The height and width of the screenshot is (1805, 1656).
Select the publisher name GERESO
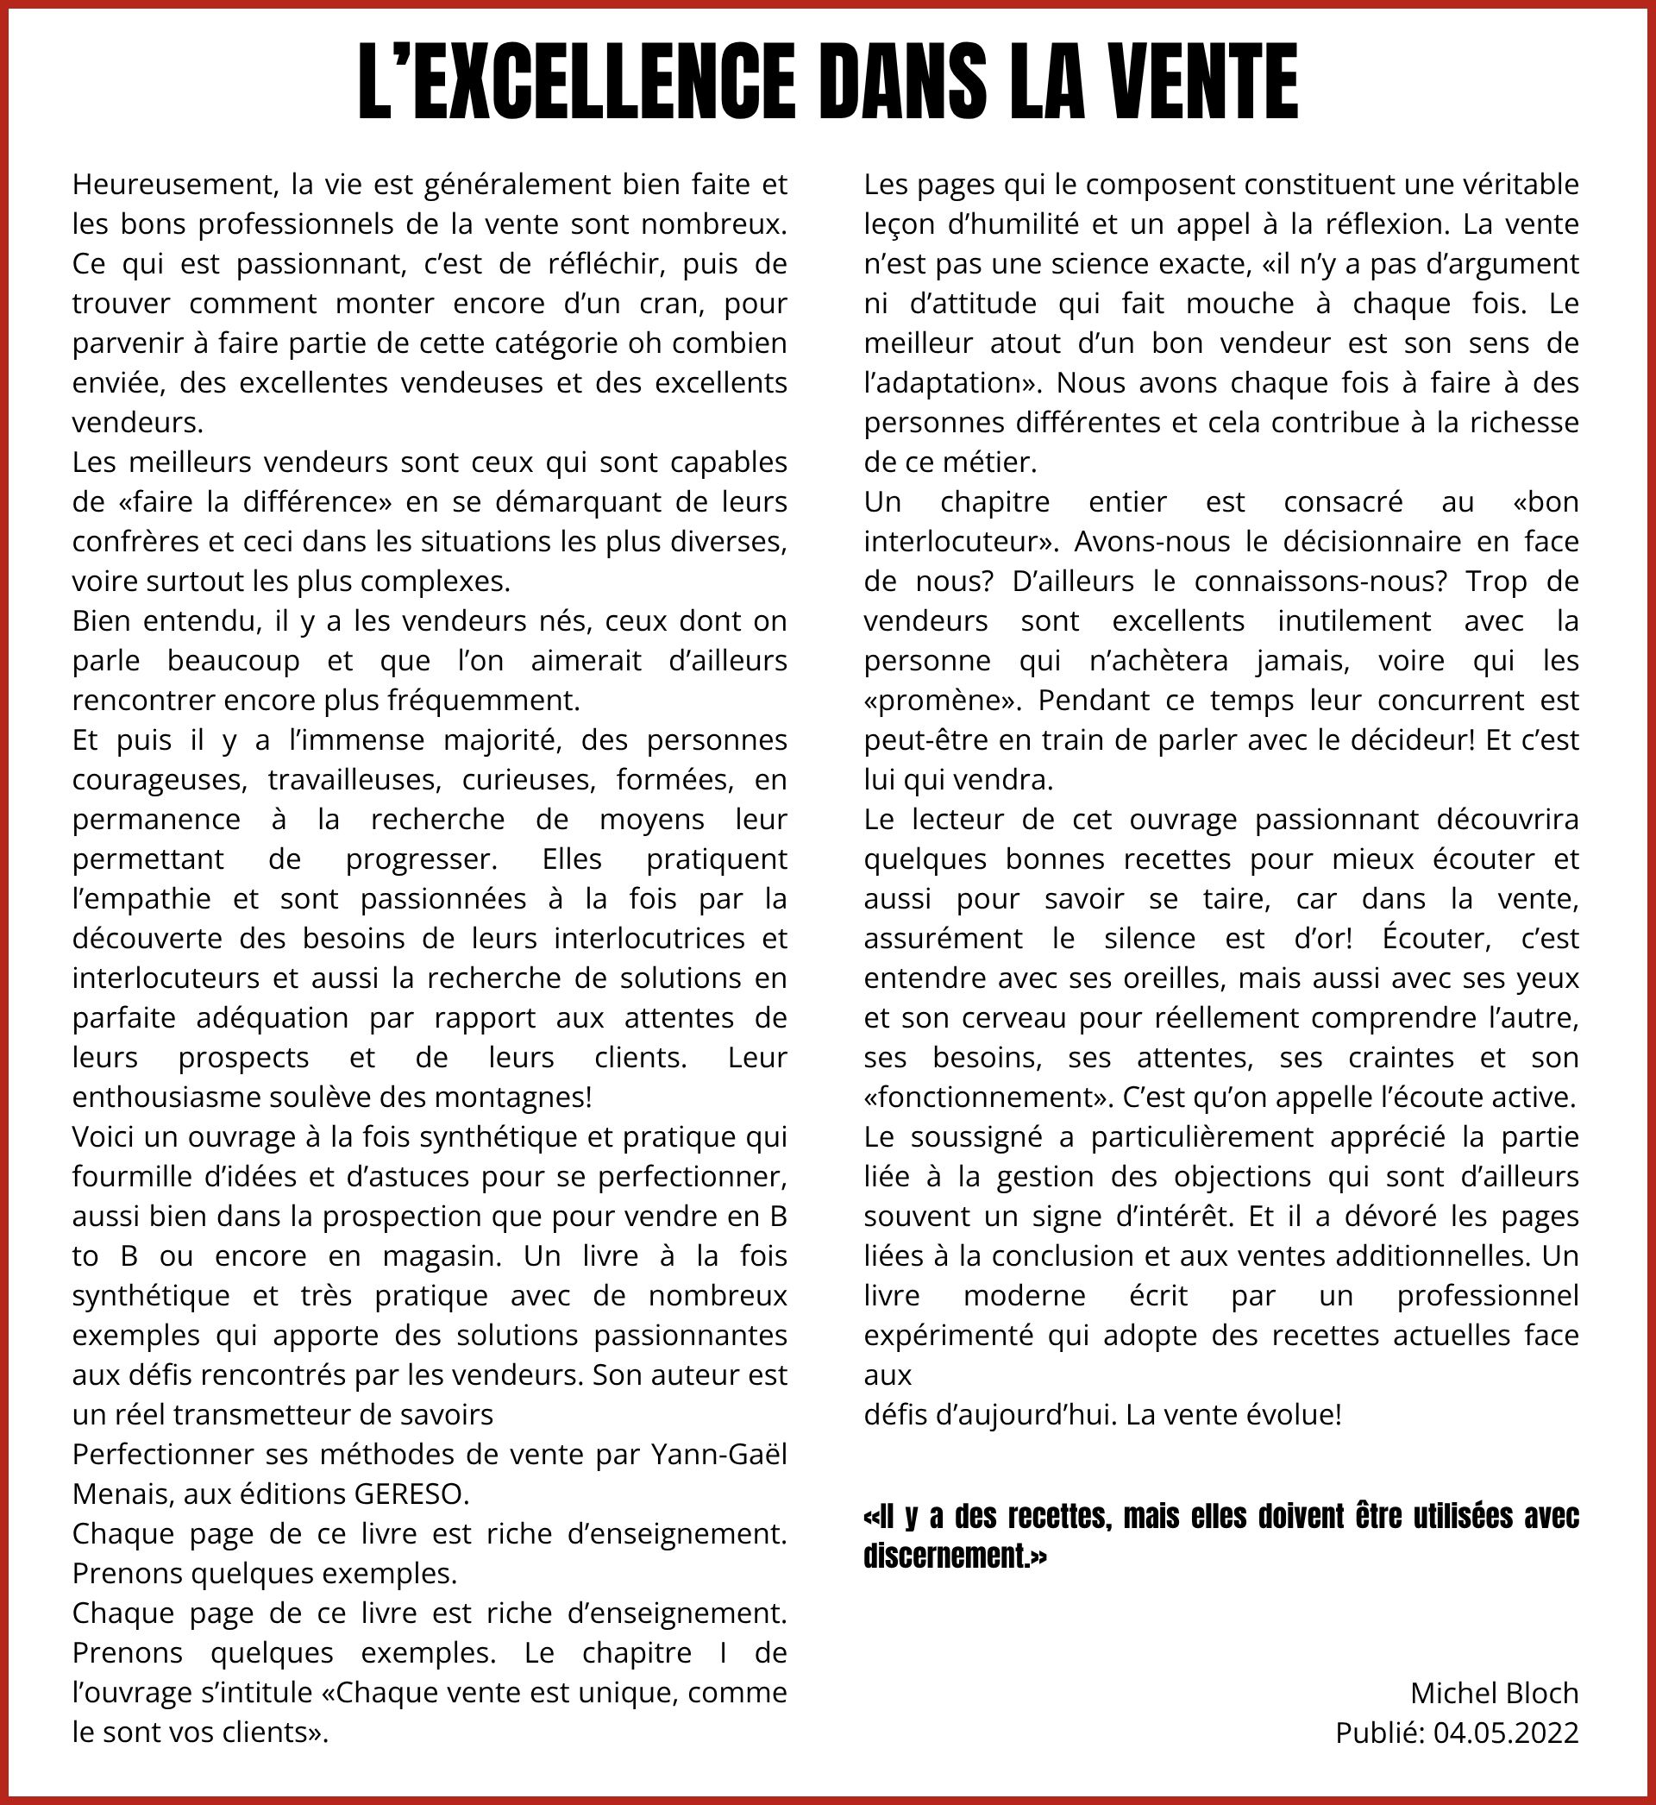pos(411,1494)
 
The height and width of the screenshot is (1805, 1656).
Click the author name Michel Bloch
pos(1494,1692)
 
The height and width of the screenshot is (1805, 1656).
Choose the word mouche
pos(1239,303)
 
